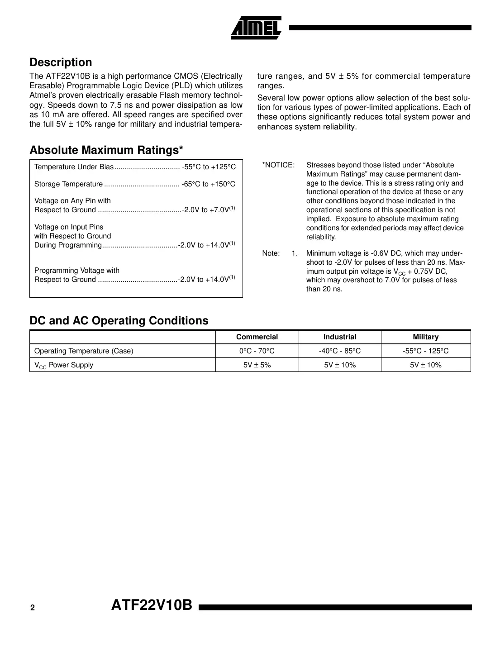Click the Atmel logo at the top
(256, 28)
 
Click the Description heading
(61, 62)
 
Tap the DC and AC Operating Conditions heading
(119, 321)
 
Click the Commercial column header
(257, 337)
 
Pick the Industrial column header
(340, 337)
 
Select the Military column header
(425, 337)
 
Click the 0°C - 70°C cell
(257, 351)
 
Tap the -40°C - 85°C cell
(340, 351)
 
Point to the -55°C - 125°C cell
(425, 351)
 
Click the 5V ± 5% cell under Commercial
(257, 365)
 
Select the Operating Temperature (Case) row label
(84, 351)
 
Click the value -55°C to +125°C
(209, 167)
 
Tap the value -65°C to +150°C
(209, 184)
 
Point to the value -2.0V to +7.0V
(206, 210)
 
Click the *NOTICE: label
(278, 165)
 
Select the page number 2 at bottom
(33, 608)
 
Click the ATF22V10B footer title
(152, 605)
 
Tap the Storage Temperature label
(69, 184)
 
